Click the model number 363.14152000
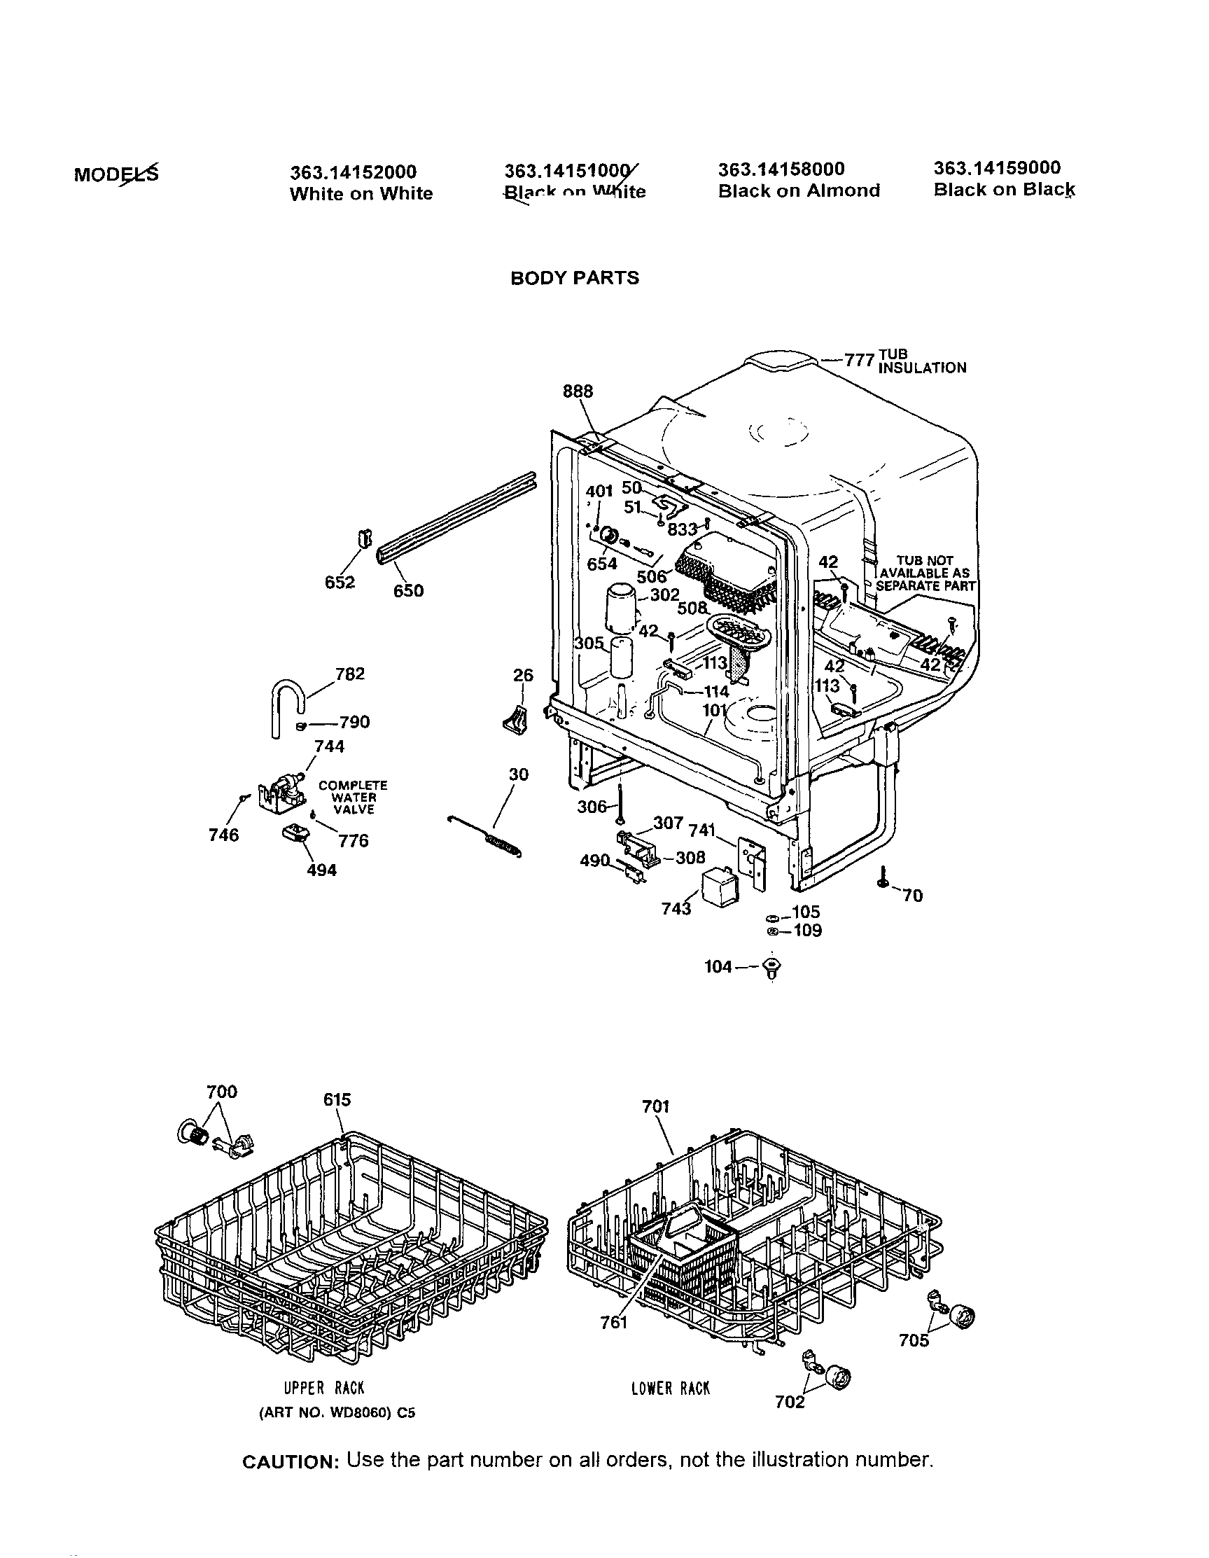tap(352, 172)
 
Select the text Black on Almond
tap(799, 190)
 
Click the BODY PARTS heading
tap(574, 277)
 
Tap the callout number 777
tap(859, 361)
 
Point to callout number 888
tap(577, 391)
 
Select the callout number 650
tap(408, 591)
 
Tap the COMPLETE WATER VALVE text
tap(353, 797)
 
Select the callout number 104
tap(718, 966)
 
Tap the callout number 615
tap(337, 1099)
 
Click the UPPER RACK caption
tap(324, 1388)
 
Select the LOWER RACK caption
tap(670, 1388)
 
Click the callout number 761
tap(613, 1323)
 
